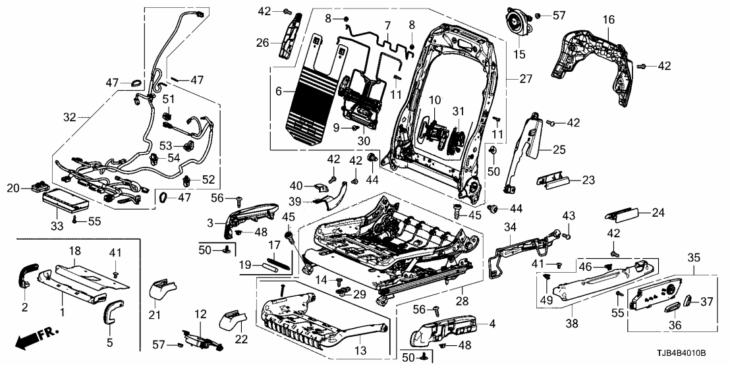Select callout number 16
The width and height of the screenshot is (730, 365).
point(607,21)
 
